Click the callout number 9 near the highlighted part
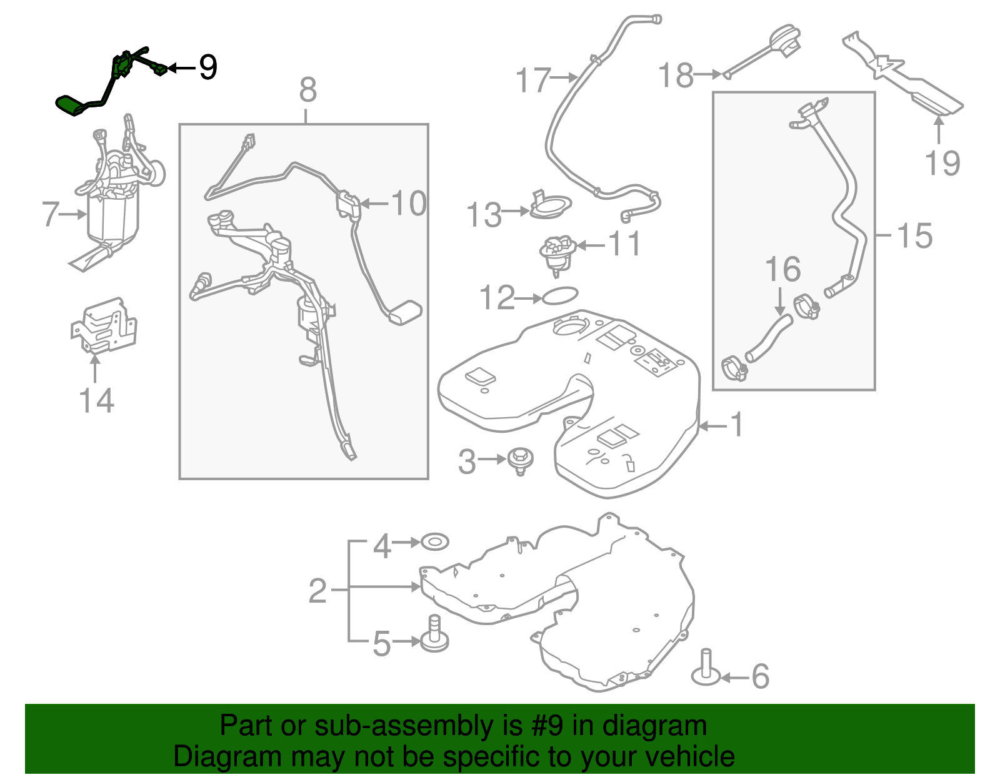pyautogui.click(x=207, y=67)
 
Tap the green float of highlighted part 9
pyautogui.click(x=70, y=106)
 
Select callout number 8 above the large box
pyautogui.click(x=307, y=91)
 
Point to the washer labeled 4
pyautogui.click(x=435, y=541)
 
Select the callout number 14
pyautogui.click(x=96, y=401)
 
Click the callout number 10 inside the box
pyautogui.click(x=408, y=204)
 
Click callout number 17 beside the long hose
pyautogui.click(x=532, y=81)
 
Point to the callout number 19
pyautogui.click(x=942, y=164)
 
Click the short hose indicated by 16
pyautogui.click(x=767, y=338)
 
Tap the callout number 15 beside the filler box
pyautogui.click(x=914, y=236)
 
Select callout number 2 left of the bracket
pyautogui.click(x=317, y=590)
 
